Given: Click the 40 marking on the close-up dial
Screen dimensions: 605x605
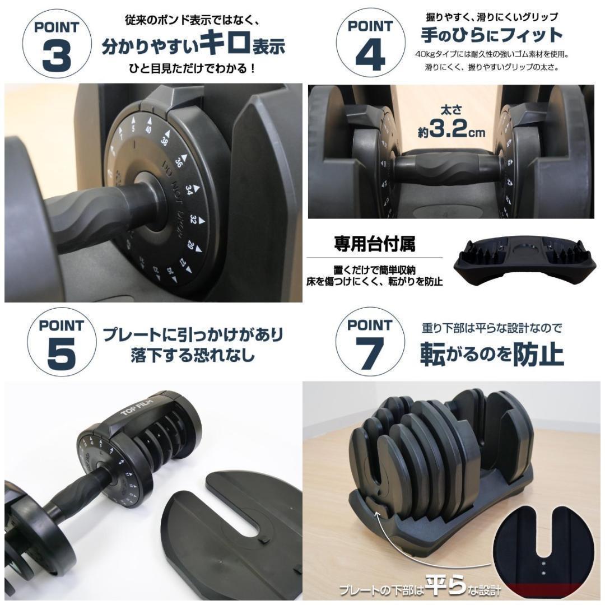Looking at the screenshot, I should [x=148, y=129].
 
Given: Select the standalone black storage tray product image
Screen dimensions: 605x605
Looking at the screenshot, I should [x=524, y=260].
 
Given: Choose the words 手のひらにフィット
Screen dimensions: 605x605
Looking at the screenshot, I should [x=491, y=35].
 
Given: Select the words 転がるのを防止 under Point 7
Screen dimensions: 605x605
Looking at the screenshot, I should [x=491, y=354].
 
